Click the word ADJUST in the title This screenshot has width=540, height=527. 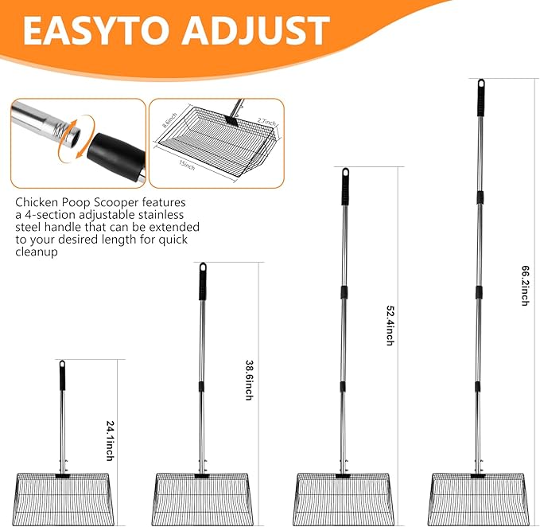pyautogui.click(x=255, y=30)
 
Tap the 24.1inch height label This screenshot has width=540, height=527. pyautogui.click(x=111, y=441)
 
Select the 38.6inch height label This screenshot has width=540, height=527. pyautogui.click(x=250, y=381)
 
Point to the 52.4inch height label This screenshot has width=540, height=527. pyautogui.click(x=390, y=326)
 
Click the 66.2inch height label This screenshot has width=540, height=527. pyautogui.click(x=525, y=285)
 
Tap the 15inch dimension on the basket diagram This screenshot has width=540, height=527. pyautogui.click(x=187, y=166)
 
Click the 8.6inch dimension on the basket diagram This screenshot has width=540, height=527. pyautogui.click(x=169, y=120)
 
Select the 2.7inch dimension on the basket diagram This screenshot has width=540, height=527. pyautogui.click(x=267, y=122)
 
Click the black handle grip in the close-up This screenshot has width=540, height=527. pyautogui.click(x=116, y=156)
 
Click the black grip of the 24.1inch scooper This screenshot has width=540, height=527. pyautogui.click(x=62, y=376)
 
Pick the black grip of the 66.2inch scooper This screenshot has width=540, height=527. pyautogui.click(x=481, y=98)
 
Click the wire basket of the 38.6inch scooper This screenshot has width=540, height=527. pyautogui.click(x=201, y=499)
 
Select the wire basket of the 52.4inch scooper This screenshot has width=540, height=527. pyautogui.click(x=344, y=499)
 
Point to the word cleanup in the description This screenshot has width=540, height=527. pyautogui.click(x=36, y=252)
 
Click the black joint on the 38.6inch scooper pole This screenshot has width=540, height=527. pyautogui.click(x=201, y=387)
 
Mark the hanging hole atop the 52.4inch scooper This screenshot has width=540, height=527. pyautogui.click(x=345, y=173)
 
